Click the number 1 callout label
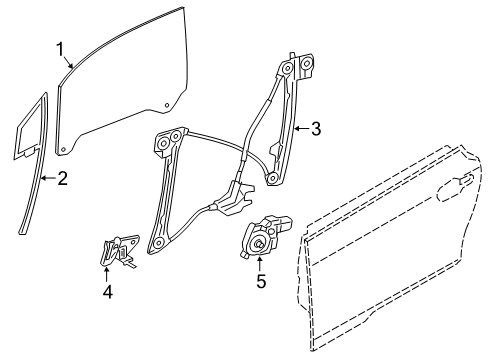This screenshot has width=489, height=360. (60, 47)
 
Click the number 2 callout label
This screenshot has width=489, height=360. (62, 181)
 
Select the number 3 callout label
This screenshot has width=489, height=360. (315, 128)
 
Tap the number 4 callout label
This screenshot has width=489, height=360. (108, 294)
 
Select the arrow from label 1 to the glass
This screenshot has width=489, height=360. (70, 62)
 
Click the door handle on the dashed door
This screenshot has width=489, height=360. (463, 181)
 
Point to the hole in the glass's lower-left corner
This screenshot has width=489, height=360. (65, 151)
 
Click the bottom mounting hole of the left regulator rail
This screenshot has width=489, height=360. (156, 243)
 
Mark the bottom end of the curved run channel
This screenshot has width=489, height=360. (22, 229)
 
